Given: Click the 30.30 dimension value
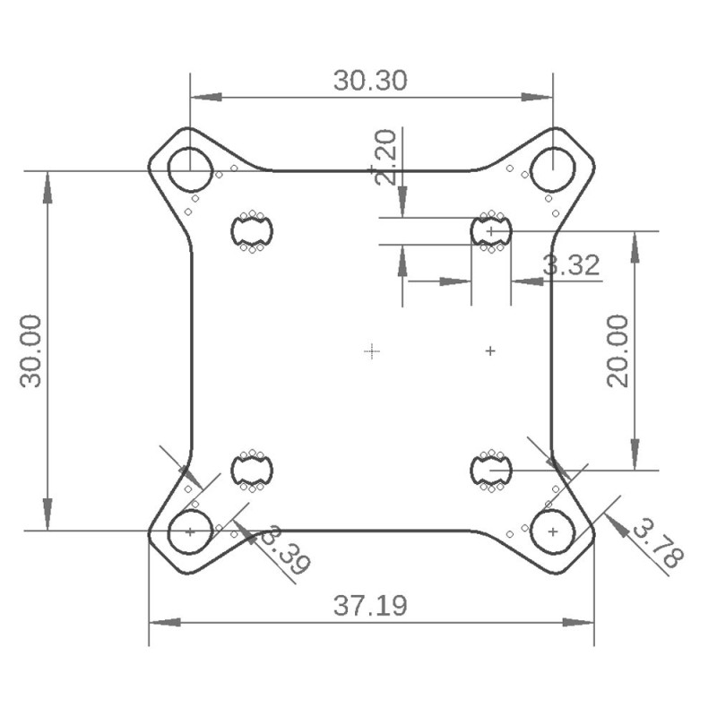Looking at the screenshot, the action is click(x=370, y=81).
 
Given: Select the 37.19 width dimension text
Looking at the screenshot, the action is click(x=370, y=606).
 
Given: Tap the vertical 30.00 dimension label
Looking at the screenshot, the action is click(x=31, y=350).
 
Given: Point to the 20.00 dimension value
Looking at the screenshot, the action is click(x=618, y=350).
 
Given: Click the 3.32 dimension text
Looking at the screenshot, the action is click(x=571, y=264).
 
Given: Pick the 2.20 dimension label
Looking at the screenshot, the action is click(x=385, y=157).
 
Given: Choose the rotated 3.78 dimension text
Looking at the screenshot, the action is click(x=659, y=543).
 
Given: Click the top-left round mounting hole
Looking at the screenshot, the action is click(x=190, y=169).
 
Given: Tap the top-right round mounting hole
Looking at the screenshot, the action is click(x=553, y=169).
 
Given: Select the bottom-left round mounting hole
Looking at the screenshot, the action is click(x=190, y=531).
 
